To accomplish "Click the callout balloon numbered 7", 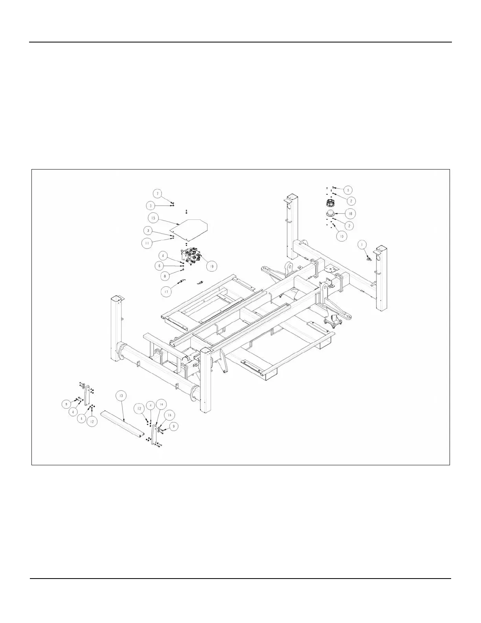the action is pos(157,194).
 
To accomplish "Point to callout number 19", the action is pos(212,266).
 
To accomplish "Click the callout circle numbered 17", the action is pos(167,291).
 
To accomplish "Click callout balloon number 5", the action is pos(347,190).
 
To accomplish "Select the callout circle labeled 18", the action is pos(350,213).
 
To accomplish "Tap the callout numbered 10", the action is pos(341,237).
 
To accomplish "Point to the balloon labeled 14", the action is pos(160,404).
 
